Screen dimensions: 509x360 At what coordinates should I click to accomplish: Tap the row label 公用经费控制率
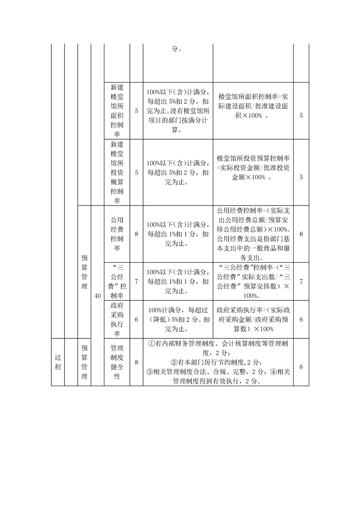click(x=117, y=234)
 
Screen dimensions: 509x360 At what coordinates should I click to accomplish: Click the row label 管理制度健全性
click(x=117, y=362)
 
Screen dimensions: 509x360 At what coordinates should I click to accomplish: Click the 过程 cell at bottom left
click(x=58, y=362)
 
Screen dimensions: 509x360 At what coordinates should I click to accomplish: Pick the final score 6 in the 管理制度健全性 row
click(x=301, y=362)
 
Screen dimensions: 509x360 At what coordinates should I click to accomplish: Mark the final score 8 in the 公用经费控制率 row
click(x=301, y=234)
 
